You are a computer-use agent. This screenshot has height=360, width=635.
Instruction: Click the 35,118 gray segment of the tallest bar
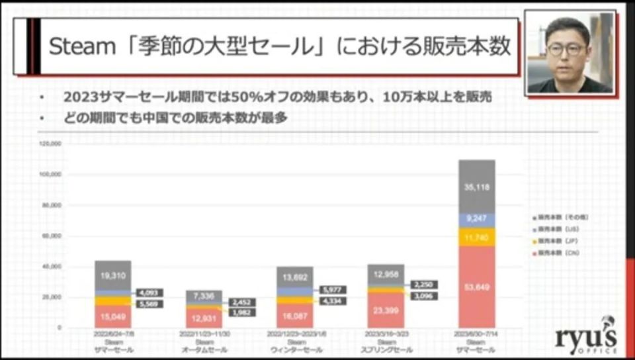click(476, 187)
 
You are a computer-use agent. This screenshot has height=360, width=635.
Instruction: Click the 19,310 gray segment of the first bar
click(113, 274)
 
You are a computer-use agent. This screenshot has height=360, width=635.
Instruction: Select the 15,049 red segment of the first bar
click(113, 316)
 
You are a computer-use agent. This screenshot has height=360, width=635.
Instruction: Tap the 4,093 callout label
click(151, 292)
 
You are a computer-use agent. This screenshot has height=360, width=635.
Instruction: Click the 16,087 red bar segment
click(294, 316)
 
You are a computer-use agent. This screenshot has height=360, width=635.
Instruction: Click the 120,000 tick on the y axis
click(51, 143)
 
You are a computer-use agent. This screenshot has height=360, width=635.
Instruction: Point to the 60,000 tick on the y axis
click(52, 236)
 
